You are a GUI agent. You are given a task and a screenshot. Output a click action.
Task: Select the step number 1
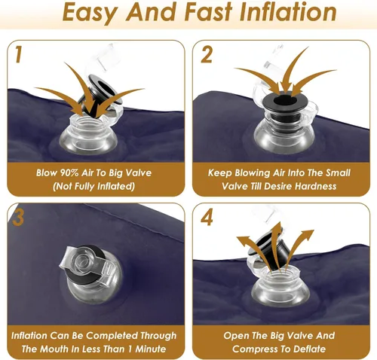tap(18, 54)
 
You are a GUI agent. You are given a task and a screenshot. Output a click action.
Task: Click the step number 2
tap(207, 54)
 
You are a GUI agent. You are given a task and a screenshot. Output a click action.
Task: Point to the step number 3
tap(18, 218)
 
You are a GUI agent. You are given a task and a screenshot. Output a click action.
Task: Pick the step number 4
tap(207, 218)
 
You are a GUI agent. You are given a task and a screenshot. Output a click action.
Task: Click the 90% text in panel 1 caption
tap(67, 172)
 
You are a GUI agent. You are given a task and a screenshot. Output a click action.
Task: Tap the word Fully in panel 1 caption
tap(83, 186)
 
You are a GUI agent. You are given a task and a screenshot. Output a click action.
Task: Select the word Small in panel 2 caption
tap(338, 172)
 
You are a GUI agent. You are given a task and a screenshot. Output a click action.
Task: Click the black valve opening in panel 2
tap(285, 101)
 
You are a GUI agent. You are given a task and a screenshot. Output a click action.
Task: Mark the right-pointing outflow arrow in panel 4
tap(299, 246)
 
